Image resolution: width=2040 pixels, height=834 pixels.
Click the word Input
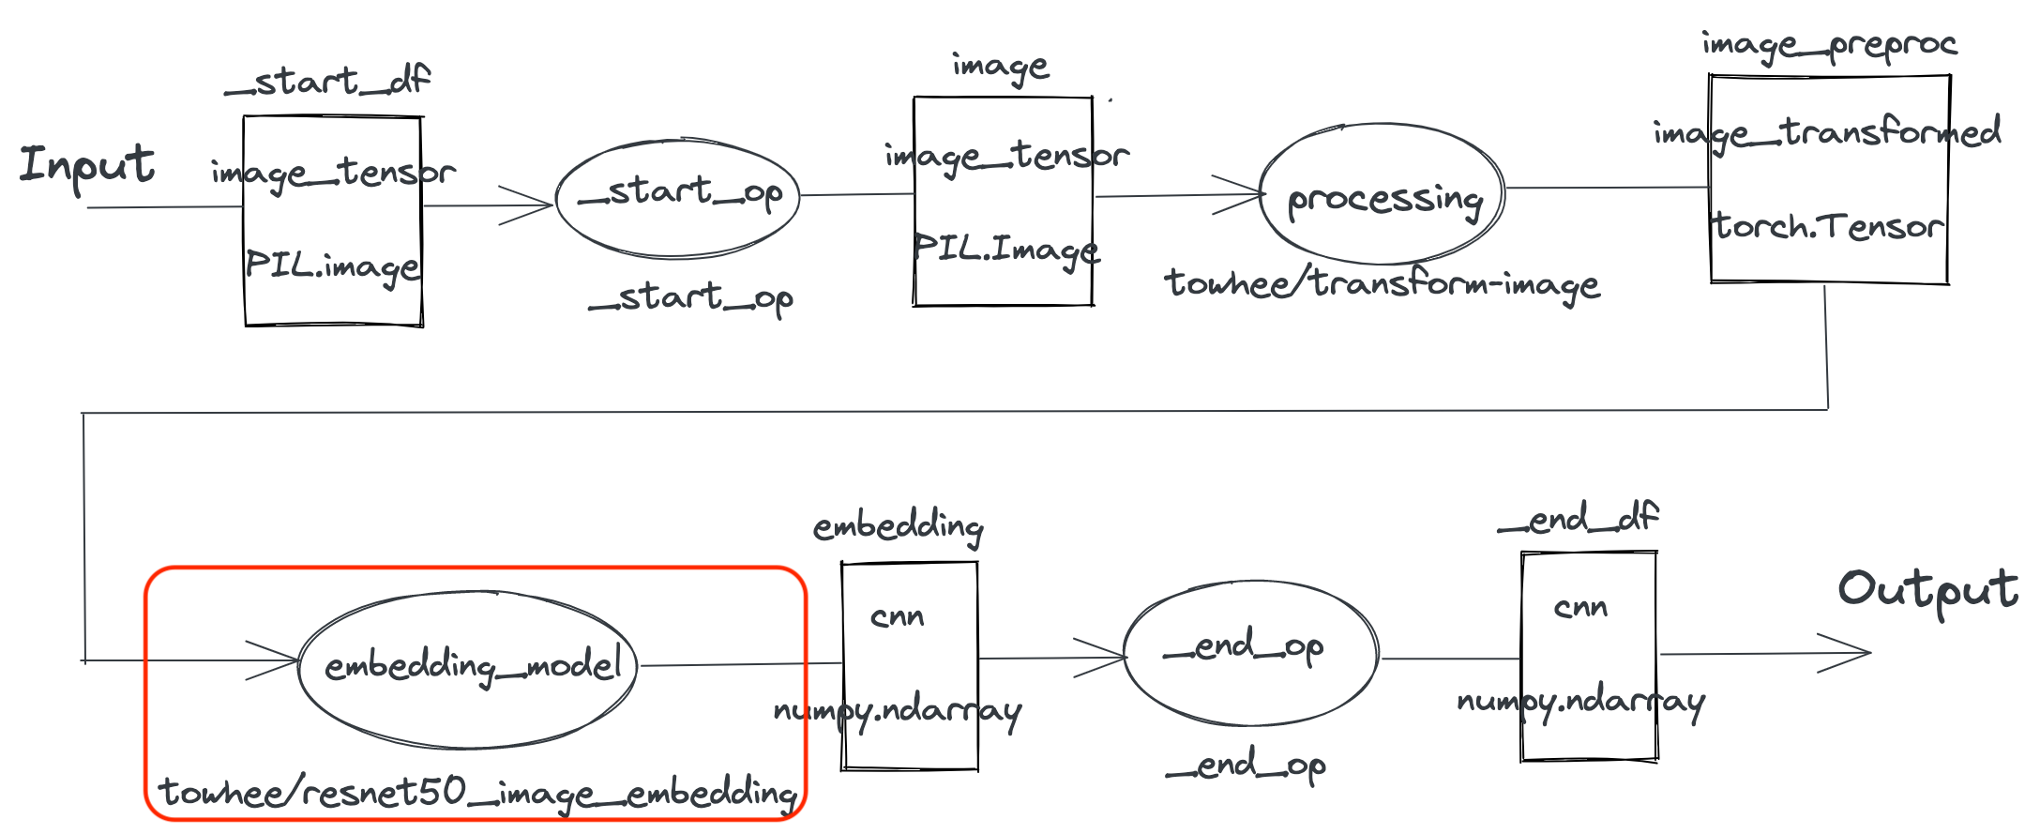pyautogui.click(x=86, y=166)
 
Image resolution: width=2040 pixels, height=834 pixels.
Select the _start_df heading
pyautogui.click(x=327, y=82)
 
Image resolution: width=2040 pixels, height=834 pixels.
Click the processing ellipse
pyautogui.click(x=1382, y=195)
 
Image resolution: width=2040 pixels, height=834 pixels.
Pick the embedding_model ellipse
pyautogui.click(x=467, y=668)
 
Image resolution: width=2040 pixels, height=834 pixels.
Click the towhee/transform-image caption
pyautogui.click(x=1382, y=283)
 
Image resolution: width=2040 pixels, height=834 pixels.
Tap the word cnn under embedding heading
pyautogui.click(x=897, y=617)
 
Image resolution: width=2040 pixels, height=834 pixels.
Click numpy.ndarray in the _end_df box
pyautogui.click(x=1580, y=702)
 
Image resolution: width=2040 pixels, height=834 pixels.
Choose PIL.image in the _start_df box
pyautogui.click(x=332, y=267)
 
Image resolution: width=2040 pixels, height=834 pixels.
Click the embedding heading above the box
pyautogui.click(x=898, y=527)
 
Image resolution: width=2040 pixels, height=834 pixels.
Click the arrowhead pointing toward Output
pyautogui.click(x=1852, y=653)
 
